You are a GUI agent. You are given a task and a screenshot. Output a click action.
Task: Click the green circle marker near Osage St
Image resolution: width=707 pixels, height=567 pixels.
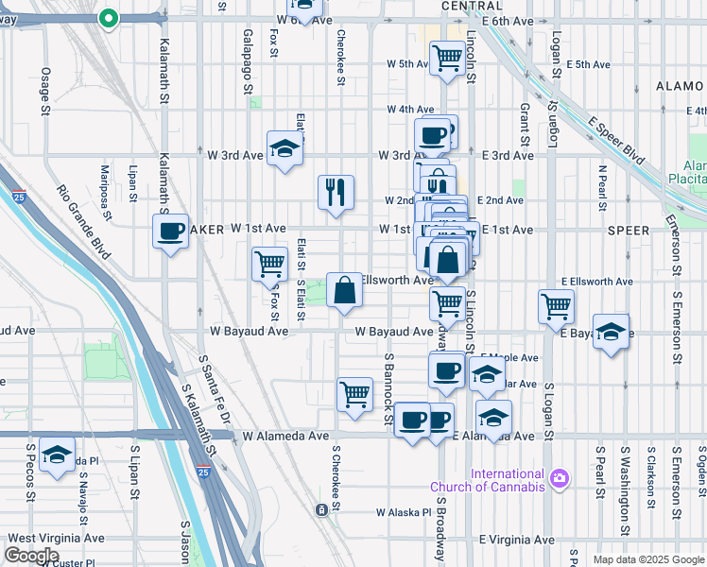click(109, 18)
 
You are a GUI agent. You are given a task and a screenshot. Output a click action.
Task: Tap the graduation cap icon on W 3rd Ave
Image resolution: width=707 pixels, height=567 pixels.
click(285, 149)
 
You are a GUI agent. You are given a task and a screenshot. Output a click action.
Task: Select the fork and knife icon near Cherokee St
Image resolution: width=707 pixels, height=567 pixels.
click(336, 193)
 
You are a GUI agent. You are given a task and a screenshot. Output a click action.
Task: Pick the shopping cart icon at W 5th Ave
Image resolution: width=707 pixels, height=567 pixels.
click(446, 58)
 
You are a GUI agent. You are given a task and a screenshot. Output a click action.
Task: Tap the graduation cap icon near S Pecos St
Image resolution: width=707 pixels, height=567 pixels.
click(58, 455)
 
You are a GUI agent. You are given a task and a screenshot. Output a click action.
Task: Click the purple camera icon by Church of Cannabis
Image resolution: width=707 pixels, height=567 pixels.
click(560, 479)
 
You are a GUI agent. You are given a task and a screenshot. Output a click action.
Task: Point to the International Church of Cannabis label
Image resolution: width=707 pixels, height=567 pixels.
click(489, 480)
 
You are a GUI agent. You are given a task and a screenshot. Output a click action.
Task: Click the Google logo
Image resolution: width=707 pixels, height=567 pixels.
click(32, 556)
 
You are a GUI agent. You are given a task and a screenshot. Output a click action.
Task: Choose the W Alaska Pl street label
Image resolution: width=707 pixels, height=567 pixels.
click(403, 512)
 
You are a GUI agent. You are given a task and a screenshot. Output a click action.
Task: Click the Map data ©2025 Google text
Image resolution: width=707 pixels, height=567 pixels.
click(647, 559)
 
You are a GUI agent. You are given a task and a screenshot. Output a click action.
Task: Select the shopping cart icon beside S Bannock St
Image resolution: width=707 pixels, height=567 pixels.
click(354, 393)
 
